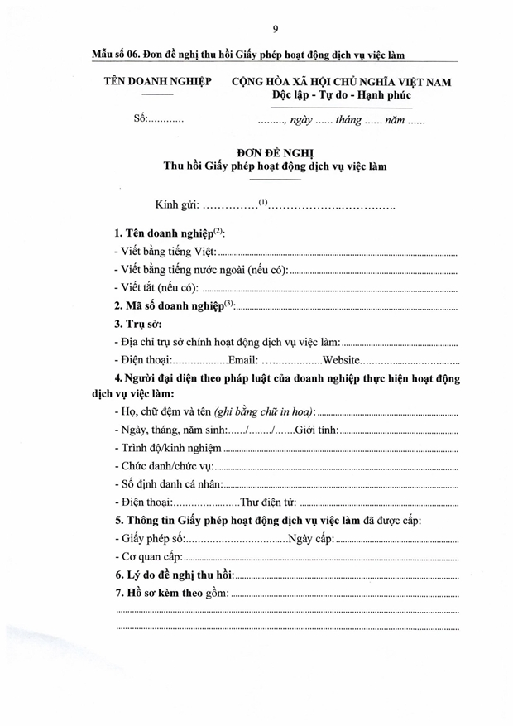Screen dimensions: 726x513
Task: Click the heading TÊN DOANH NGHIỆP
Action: click(x=157, y=82)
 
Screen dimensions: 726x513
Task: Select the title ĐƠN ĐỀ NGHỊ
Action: click(x=275, y=152)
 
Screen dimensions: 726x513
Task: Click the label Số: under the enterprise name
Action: click(x=140, y=119)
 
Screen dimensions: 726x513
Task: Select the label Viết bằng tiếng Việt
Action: click(x=165, y=252)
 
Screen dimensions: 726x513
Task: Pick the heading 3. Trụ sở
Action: click(x=138, y=325)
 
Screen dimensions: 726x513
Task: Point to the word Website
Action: click(x=340, y=361)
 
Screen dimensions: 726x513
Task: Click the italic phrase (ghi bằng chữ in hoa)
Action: click(x=264, y=412)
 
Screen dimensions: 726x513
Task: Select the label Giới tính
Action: click(x=317, y=430)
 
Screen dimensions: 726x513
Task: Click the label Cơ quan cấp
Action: click(x=149, y=557)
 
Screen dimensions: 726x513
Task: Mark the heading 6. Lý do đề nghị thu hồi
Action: click(x=174, y=575)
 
